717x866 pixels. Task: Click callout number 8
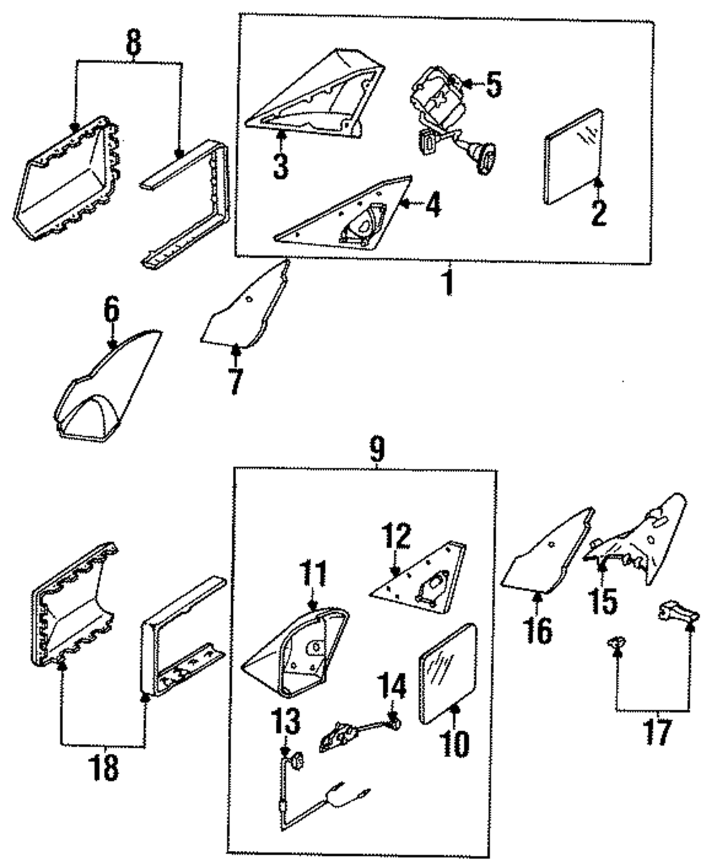(133, 44)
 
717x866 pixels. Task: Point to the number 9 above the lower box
(376, 451)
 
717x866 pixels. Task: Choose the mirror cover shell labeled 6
(108, 384)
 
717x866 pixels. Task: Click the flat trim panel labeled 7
(244, 309)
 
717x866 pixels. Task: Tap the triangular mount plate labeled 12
(419, 574)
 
